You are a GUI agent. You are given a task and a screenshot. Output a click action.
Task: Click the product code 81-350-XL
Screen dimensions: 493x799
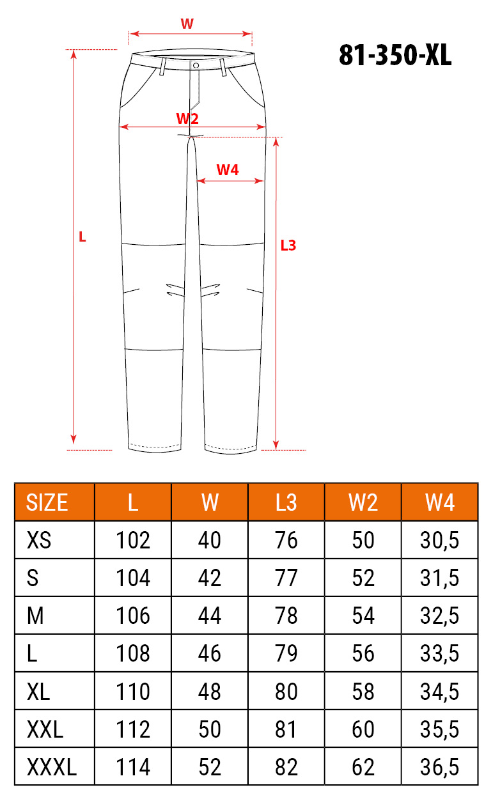coord(395,55)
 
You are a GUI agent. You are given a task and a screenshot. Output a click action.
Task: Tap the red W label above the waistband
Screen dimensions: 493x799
coord(187,24)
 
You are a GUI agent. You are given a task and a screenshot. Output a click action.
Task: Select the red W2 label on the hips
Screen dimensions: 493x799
coord(187,118)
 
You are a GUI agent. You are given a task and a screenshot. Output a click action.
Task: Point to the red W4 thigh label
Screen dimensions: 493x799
coord(228,170)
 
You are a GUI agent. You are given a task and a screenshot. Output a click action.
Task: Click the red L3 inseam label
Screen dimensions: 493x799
coord(288,245)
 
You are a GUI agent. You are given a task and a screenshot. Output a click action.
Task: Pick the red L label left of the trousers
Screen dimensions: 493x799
coord(82,237)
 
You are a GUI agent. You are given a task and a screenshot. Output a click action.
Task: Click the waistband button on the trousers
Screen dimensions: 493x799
coord(196,65)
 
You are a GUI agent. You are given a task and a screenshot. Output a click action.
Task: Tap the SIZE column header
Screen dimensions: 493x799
coord(47,502)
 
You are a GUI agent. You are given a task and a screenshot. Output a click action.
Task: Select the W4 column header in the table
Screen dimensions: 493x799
coord(440,502)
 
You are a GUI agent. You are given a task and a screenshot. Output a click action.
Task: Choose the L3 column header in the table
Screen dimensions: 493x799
coord(286,502)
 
